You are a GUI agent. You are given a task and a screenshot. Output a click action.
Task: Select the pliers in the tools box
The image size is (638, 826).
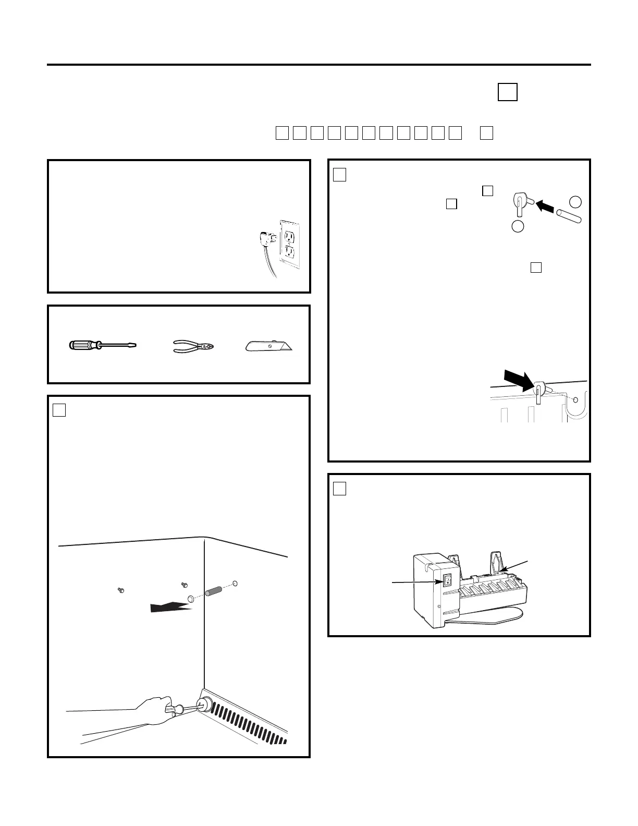click(x=193, y=346)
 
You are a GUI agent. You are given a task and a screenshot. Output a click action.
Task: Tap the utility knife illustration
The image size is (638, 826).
click(x=268, y=346)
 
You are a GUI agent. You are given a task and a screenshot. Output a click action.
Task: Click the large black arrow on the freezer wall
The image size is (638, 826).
click(x=170, y=607)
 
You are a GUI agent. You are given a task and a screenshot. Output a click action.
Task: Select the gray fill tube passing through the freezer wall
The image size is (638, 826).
click(x=214, y=593)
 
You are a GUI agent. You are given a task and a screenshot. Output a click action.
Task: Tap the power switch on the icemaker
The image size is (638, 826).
click(x=447, y=580)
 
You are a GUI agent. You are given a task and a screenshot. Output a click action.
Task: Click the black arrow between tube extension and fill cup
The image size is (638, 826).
click(x=545, y=205)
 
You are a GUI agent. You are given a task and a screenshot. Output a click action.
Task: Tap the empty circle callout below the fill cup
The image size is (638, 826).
click(x=517, y=226)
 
